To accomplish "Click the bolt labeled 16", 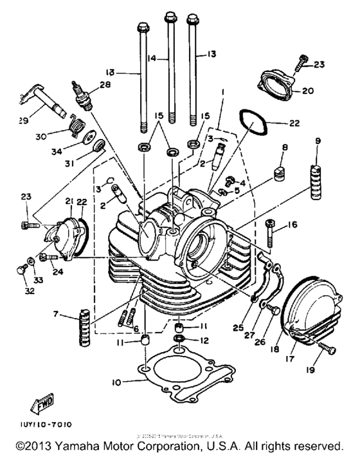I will pyautogui.click(x=270, y=230).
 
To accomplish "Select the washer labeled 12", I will pyautogui.click(x=181, y=339).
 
